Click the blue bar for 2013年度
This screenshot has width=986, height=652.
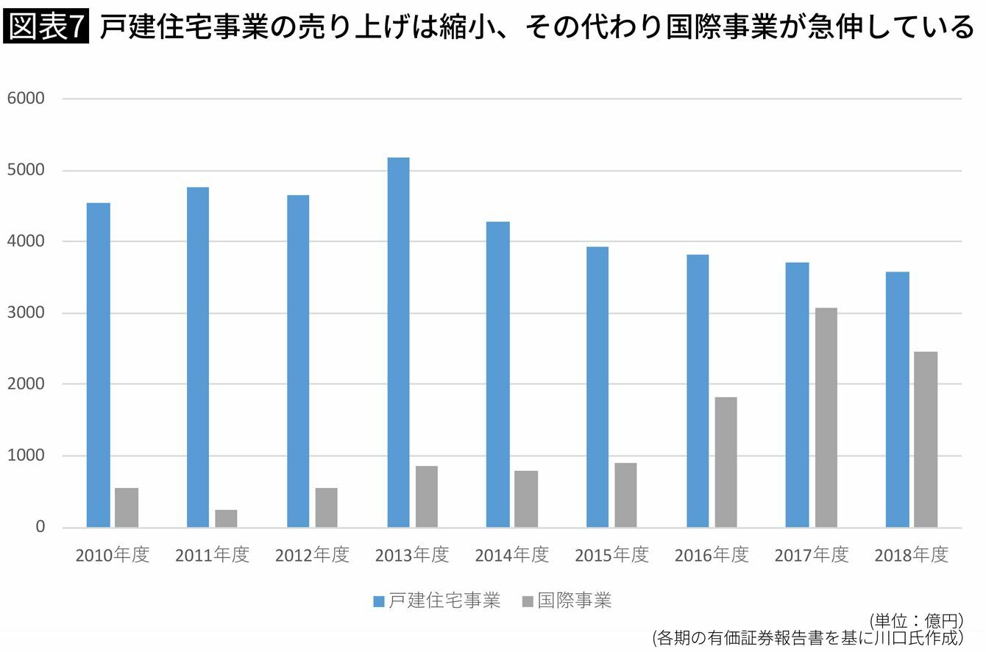coord(398,342)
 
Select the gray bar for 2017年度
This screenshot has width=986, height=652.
coord(826,417)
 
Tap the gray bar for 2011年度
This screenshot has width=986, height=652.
coord(226,518)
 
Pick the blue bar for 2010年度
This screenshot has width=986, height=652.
coord(98,365)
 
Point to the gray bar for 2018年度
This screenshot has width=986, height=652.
coord(926,439)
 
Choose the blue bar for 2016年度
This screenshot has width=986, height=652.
coord(698,391)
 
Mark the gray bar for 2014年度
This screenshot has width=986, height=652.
coord(526,499)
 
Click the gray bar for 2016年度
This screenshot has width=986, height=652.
coord(726,462)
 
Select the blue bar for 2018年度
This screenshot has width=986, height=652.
coord(898,400)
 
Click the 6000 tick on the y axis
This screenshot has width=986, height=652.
coord(26,98)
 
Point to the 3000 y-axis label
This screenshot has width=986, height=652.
coord(26,313)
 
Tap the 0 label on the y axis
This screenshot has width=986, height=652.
coord(40,527)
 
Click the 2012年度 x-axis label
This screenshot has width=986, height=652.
coord(312,555)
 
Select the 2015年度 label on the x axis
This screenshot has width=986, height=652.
coord(612,555)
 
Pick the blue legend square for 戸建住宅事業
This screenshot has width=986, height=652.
coord(378,601)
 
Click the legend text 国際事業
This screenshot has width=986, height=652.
coord(575,600)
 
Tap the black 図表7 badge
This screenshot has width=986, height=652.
coord(46,26)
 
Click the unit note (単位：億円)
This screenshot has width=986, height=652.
coord(917,621)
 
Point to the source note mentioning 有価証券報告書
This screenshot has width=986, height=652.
coord(808,637)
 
